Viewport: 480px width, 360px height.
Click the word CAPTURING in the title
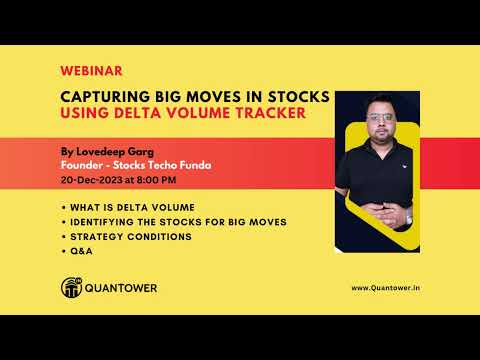point(109,96)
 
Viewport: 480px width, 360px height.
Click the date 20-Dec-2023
point(93,180)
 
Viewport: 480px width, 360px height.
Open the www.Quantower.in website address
point(385,289)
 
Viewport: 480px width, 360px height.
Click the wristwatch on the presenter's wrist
point(408,214)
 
